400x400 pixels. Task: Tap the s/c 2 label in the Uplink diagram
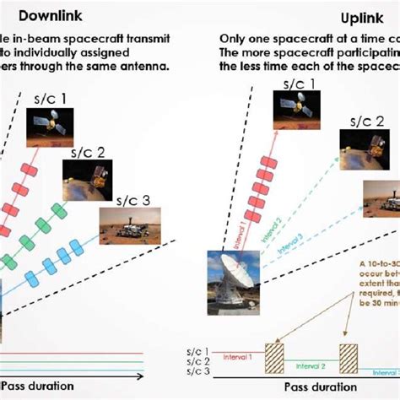coord(369,121)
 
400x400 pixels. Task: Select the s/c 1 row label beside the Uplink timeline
coord(198,349)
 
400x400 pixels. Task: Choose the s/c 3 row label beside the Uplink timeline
coord(198,371)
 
